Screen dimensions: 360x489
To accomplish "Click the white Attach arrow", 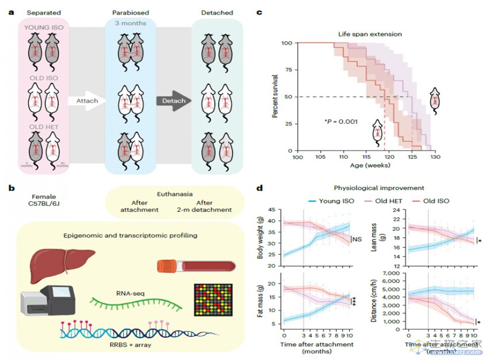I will (x=84, y=101).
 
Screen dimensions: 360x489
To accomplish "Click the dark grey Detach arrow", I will (x=174, y=101).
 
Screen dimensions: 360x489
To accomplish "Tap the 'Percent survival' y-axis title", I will (x=277, y=97).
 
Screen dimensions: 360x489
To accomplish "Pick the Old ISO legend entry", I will (x=436, y=200).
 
